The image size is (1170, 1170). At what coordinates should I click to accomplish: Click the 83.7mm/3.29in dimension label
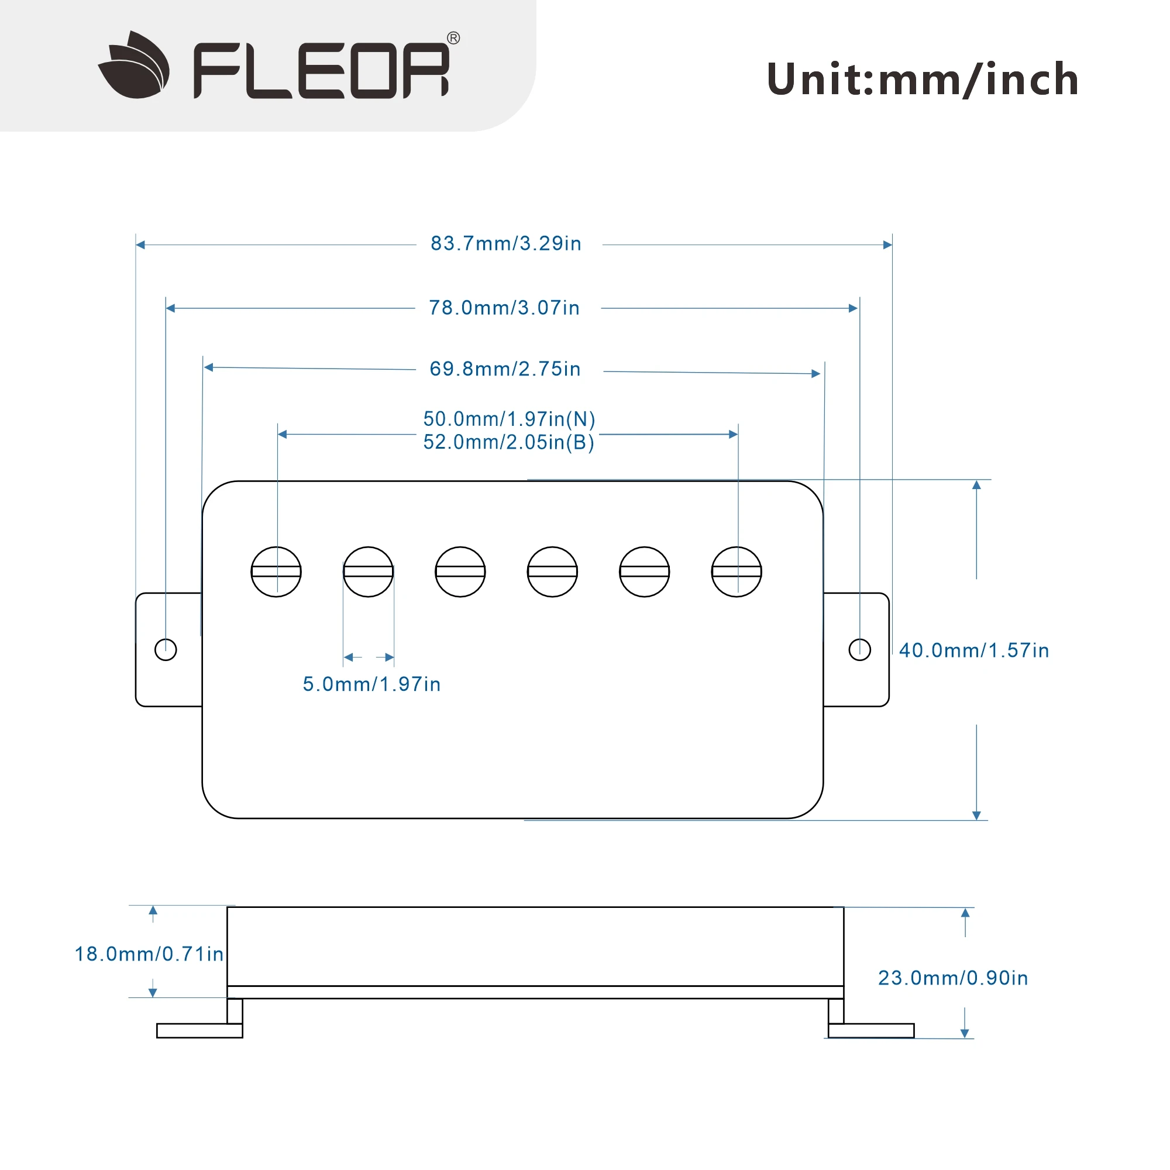coord(505,243)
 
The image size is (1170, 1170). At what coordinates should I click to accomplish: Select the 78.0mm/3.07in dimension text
coord(504,308)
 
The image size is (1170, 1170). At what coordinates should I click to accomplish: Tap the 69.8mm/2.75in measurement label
coord(504,369)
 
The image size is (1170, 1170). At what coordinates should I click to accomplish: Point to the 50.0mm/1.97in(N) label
coord(509,418)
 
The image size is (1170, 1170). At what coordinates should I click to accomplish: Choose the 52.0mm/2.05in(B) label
coord(509,442)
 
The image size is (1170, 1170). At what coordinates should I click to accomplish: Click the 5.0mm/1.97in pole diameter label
coord(371,684)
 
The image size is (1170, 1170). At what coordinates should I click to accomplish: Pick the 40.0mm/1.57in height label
coord(973,651)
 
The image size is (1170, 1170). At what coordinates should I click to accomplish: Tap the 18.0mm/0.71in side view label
coord(149,954)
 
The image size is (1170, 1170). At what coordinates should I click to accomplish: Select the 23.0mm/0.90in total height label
coord(952,978)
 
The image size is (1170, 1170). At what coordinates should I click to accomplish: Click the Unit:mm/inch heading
coord(922,80)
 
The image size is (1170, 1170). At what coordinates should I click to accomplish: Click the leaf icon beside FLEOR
coord(135,66)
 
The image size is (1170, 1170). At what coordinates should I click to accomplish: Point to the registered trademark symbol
coord(453,38)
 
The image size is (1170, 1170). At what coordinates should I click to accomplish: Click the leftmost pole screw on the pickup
coord(276,572)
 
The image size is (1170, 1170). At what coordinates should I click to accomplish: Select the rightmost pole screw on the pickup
coord(736,572)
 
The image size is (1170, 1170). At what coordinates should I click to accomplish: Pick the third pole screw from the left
coord(460,572)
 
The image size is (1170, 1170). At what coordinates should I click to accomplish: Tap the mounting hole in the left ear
coord(166,650)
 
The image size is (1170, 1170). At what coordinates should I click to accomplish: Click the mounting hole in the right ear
coord(859,650)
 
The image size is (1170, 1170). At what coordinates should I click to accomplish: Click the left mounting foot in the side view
coord(199,1030)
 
